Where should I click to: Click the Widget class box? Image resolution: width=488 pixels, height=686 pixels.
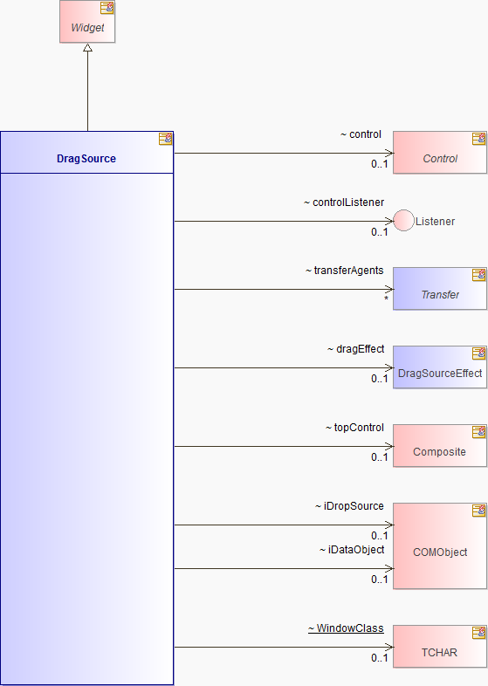87,22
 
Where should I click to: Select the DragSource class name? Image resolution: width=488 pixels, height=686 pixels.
86,158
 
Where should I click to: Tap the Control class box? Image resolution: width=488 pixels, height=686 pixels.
440,153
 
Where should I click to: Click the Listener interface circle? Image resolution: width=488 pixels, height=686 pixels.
403,221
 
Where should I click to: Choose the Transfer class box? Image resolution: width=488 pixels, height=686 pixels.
440,289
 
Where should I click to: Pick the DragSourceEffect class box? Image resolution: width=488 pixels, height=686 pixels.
440,367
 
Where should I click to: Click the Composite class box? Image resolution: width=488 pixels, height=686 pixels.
440,446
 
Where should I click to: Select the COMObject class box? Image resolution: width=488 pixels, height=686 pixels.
440,546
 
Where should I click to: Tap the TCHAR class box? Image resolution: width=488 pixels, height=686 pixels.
440,646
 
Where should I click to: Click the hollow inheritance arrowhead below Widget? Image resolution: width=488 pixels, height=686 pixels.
87,48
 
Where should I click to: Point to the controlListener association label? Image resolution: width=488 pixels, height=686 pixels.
344,202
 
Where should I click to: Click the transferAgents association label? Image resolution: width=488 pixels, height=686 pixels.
345,271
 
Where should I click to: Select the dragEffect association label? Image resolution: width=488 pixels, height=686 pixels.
356,349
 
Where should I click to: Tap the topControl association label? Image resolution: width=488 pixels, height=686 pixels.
354,428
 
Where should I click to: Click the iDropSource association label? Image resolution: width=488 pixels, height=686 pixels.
349,506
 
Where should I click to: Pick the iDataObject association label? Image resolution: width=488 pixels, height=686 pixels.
352,550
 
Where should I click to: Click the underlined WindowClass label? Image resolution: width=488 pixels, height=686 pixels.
346,628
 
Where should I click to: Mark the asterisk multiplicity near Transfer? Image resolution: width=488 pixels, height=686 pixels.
386,298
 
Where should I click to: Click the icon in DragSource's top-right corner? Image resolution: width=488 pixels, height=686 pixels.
166,139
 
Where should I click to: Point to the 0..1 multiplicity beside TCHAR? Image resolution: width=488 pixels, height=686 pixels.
379,657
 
